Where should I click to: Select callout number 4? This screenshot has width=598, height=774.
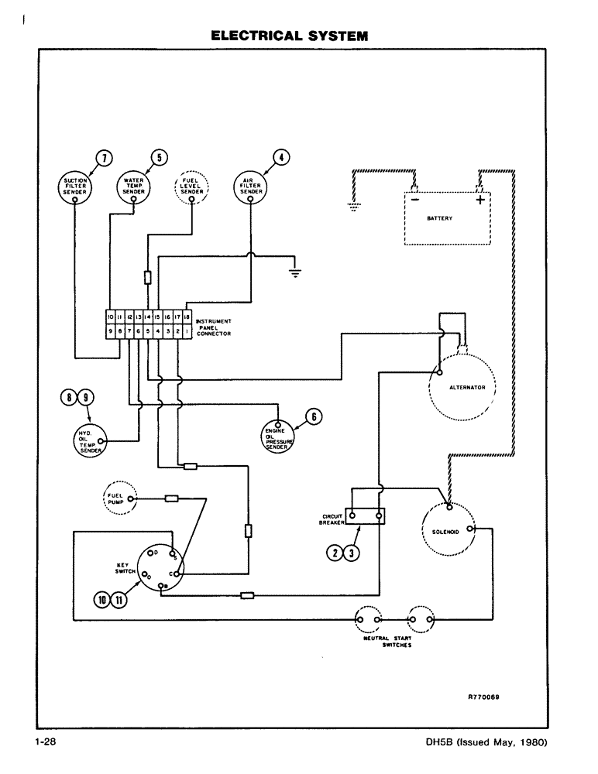coord(282,157)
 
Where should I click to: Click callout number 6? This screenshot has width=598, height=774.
coord(314,416)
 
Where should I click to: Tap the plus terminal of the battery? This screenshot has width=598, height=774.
coord(480,200)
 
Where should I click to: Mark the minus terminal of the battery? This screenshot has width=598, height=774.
coord(414,200)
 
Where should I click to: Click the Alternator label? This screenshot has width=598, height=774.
coord(467,387)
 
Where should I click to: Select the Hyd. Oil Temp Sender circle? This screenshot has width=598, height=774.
coord(88,441)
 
